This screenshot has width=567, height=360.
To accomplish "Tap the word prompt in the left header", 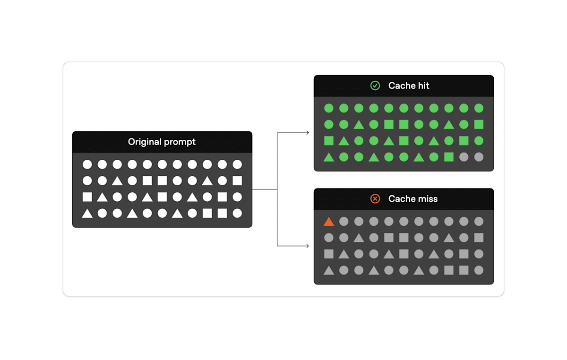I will point(180,142).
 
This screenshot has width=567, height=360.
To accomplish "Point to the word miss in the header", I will point(427,199).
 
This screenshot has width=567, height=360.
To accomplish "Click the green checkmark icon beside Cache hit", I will point(375,86).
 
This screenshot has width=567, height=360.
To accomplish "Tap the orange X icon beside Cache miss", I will point(375,199).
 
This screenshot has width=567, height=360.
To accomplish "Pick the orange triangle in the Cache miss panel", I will point(329,221).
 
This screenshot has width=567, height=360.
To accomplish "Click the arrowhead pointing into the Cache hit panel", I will point(308,133).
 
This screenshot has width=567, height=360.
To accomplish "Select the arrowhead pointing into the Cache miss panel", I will point(308,246).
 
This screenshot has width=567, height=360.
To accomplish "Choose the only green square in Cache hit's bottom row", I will point(449,157).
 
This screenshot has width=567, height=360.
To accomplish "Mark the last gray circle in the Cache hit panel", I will point(479,157).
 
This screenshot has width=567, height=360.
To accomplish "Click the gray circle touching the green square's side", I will point(464,157).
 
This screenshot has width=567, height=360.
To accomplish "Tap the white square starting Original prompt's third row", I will point(87,197).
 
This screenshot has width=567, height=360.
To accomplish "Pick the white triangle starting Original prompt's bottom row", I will point(87,214).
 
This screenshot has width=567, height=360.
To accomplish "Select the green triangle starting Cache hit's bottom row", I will point(329,157).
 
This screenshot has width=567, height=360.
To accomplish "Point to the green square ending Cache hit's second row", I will point(479,124).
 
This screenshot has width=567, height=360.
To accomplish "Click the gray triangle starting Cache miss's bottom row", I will point(329,271).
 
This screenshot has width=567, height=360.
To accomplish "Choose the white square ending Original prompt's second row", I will point(237,180).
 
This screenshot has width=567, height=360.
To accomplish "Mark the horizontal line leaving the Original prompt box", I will point(265,189).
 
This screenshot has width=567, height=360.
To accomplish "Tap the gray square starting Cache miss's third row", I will point(329,254).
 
